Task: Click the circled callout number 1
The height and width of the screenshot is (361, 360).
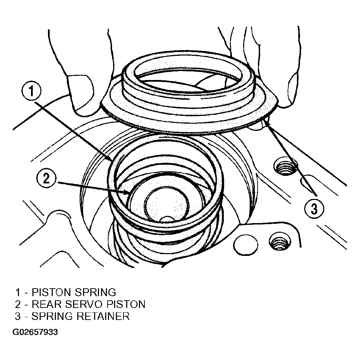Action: tap(31, 91)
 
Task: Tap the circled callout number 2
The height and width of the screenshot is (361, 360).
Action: tap(46, 178)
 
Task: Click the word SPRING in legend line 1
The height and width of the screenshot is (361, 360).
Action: tap(95, 292)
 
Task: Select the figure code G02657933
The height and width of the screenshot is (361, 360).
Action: tap(35, 332)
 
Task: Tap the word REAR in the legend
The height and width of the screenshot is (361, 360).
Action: tap(47, 304)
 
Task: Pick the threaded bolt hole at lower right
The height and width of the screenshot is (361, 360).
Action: tap(280, 241)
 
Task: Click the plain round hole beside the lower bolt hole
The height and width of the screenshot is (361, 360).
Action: tap(246, 245)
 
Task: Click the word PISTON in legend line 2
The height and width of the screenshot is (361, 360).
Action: tap(126, 304)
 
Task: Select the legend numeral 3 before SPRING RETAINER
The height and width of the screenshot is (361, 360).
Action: tap(18, 316)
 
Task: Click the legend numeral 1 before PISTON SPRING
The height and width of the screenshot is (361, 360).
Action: tap(18, 292)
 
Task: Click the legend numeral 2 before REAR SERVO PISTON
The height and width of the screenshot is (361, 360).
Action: tap(18, 304)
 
